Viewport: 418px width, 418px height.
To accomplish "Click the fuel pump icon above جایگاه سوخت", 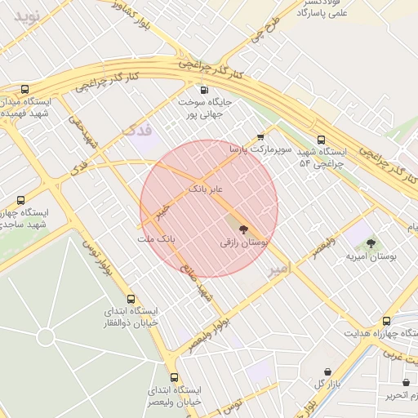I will (x=203, y=90).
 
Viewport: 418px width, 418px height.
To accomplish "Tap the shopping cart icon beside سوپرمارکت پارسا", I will (x=260, y=136).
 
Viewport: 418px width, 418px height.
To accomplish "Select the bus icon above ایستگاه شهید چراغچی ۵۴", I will (x=321, y=140).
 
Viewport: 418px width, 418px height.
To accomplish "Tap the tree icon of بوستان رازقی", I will (x=243, y=229).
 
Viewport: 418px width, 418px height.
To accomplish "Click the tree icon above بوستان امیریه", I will (x=371, y=242).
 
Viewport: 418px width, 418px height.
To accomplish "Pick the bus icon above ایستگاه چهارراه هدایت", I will (x=387, y=321).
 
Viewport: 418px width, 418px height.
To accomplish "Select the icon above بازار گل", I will (x=327, y=371).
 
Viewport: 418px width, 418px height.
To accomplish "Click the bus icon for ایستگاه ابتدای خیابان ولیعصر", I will (x=174, y=377).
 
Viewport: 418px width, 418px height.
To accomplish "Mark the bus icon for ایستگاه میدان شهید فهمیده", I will (x=24, y=89).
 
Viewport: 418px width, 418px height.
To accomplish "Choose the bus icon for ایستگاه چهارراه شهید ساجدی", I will (x=21, y=200).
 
